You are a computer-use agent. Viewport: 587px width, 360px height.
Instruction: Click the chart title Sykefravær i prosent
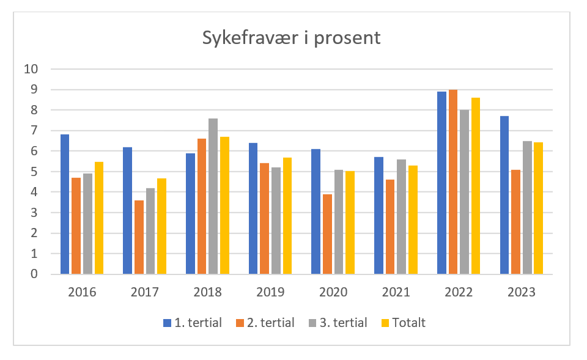pos(292,38)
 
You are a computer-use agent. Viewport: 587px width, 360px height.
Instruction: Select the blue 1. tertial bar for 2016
pos(65,204)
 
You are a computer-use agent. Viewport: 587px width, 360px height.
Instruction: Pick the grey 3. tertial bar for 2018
pos(213,196)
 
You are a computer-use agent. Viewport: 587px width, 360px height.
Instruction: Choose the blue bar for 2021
pos(378,216)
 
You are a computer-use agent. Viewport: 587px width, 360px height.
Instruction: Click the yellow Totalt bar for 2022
pos(476,186)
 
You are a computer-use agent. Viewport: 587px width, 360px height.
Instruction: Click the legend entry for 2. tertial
pos(265,323)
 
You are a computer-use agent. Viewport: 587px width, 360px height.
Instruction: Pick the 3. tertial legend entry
pos(338,323)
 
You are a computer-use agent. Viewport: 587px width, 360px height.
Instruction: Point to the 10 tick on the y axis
pos(31,69)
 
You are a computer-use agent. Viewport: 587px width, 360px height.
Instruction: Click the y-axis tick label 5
pos(34,172)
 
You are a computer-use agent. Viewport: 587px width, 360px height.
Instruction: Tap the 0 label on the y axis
pos(34,274)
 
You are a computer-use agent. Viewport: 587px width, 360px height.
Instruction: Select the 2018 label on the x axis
pos(207,292)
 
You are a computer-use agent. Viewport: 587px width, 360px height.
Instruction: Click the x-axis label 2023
pos(521,292)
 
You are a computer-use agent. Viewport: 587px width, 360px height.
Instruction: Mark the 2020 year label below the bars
pos(333,292)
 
